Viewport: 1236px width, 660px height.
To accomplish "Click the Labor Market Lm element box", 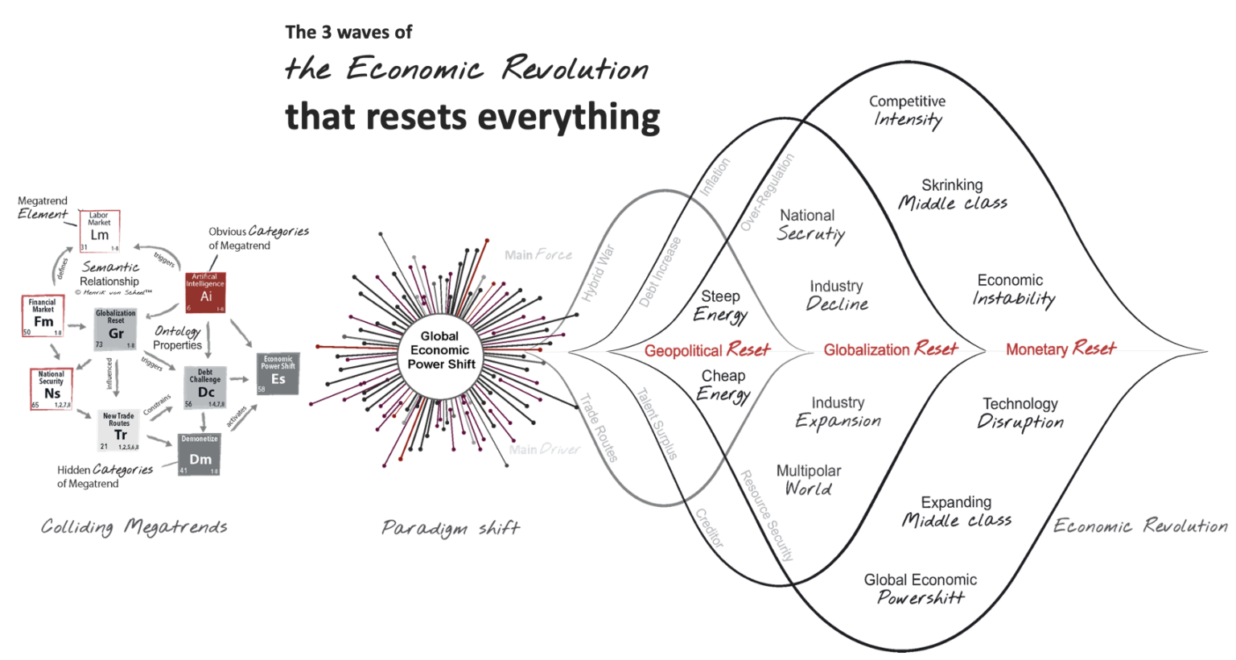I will [100, 232].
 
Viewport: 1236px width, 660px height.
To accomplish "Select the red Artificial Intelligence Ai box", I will [205, 292].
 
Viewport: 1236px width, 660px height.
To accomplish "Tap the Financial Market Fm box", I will [43, 316].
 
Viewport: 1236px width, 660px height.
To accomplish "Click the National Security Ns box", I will [51, 389].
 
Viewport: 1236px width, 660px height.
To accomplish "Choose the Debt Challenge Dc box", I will [205, 388].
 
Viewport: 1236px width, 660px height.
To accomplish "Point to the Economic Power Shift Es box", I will [278, 373].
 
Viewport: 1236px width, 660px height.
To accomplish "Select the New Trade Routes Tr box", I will [119, 431].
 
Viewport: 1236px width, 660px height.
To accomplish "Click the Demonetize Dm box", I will [199, 455].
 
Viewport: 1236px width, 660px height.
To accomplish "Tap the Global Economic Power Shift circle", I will [439, 351].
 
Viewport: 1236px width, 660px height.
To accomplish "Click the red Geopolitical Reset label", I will [707, 350].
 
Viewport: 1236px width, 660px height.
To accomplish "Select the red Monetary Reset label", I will [1061, 349].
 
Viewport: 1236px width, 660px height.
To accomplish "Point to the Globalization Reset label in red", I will [890, 349].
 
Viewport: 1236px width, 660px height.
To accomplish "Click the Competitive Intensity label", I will [907, 110].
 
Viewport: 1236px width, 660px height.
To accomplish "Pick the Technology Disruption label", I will [1020, 413].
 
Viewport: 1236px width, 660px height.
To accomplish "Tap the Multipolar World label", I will [808, 480].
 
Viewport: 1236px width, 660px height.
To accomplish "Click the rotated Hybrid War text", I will [598, 274].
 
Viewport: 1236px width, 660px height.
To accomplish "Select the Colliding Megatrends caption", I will [134, 527].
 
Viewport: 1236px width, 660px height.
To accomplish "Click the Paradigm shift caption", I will [451, 528].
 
